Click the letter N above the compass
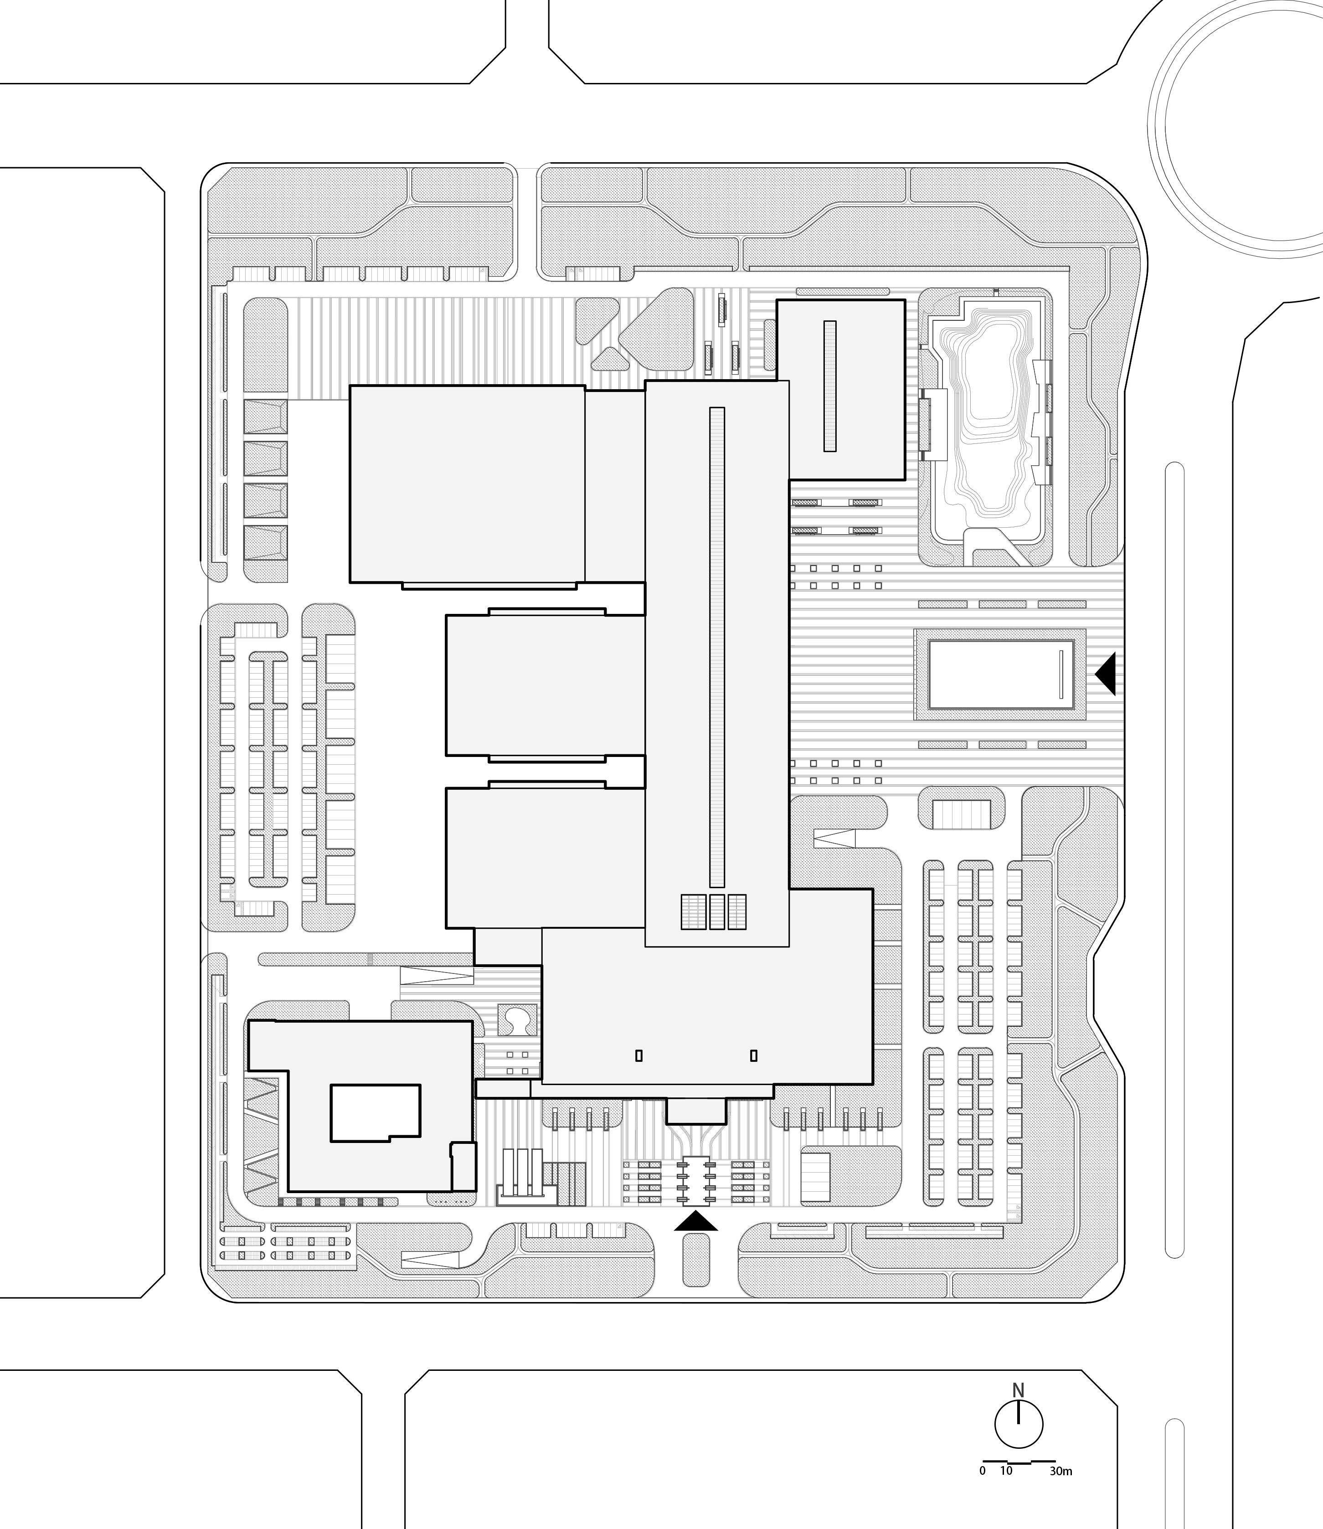coord(1018,1390)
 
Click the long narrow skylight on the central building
coord(717,647)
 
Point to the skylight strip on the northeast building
coord(830,386)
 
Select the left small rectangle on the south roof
coord(638,1056)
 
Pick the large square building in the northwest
coord(467,484)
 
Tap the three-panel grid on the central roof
coord(713,912)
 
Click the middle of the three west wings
coord(546,685)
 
